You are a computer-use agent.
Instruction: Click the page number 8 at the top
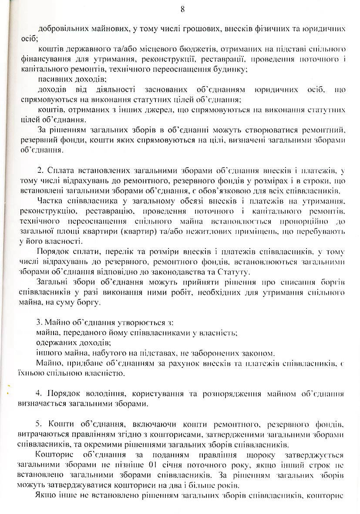click(182, 9)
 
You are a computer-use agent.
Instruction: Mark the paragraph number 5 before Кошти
click(40, 424)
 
